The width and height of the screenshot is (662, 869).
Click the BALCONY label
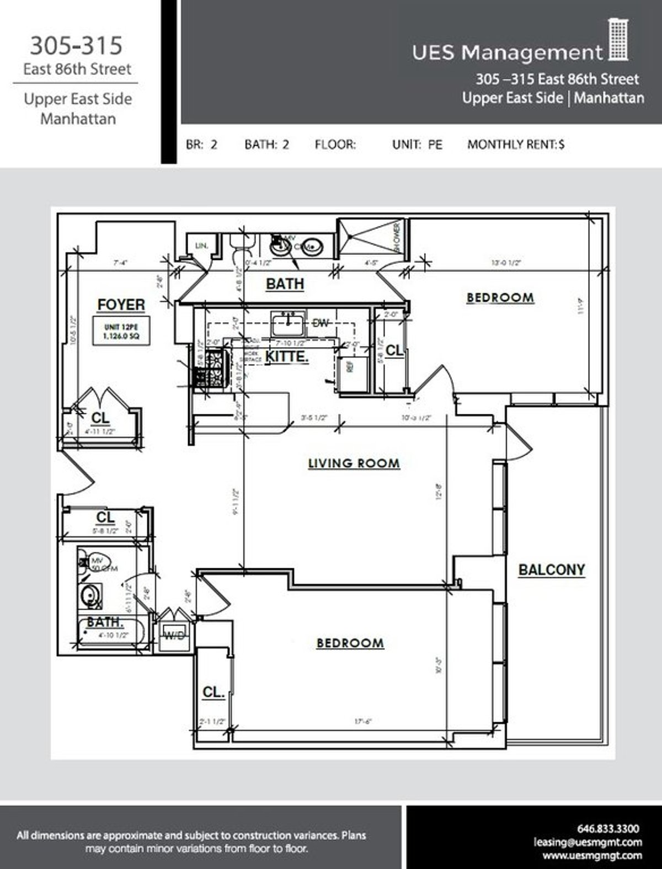(x=551, y=570)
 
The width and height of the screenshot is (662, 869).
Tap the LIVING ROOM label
(x=354, y=463)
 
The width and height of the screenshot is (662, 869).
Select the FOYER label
(x=121, y=305)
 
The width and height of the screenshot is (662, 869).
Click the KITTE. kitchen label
(x=286, y=356)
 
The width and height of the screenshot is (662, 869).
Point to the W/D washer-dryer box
(x=175, y=636)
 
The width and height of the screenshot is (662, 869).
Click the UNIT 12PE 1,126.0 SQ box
(x=121, y=331)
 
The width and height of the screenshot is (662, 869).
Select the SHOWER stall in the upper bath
(x=371, y=238)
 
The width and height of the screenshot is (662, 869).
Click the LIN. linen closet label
(x=201, y=246)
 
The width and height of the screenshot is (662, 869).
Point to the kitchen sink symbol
(x=287, y=323)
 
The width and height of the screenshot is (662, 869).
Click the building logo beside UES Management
(x=618, y=40)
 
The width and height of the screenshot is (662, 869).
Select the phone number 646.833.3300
(x=608, y=828)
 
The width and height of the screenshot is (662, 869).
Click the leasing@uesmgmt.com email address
(x=588, y=842)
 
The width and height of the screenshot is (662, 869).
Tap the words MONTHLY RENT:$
(x=516, y=145)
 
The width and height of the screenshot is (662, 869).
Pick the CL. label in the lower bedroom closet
(x=213, y=692)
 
